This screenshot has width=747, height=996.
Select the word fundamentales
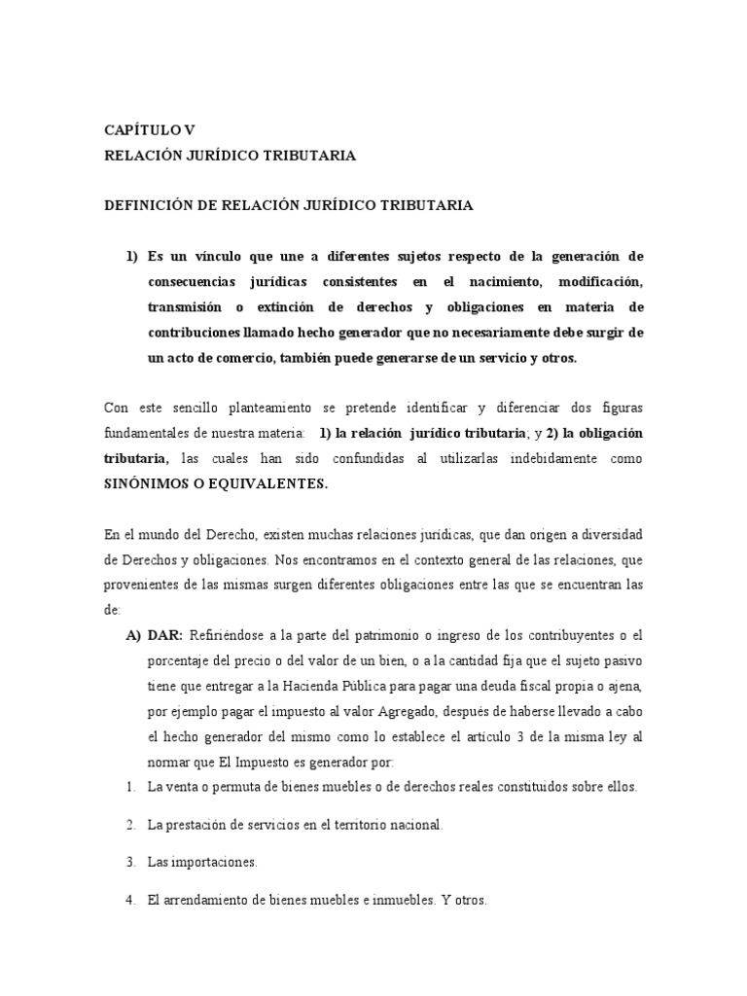pyautogui.click(x=150, y=433)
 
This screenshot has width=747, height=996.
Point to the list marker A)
pyautogui.click(x=134, y=635)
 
